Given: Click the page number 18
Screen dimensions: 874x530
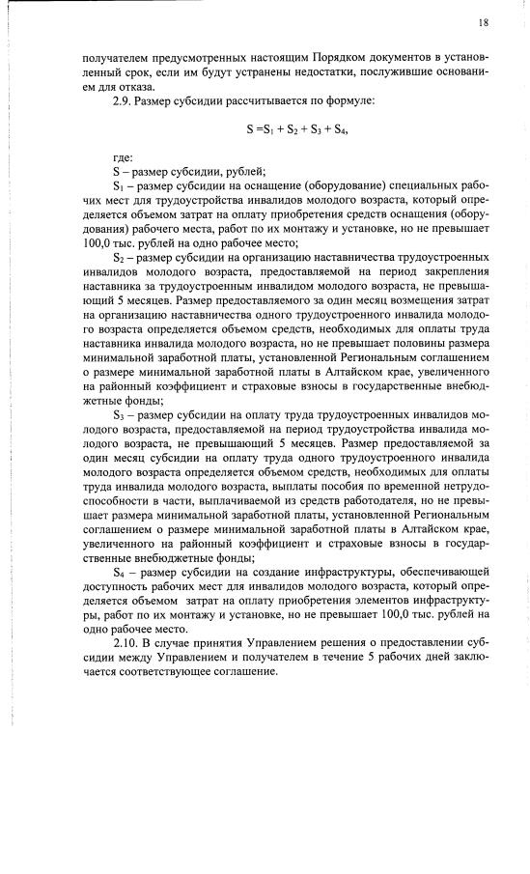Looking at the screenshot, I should [484, 22].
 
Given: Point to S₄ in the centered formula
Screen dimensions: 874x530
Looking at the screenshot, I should [337, 128].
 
